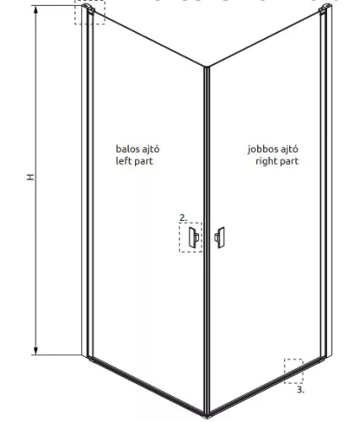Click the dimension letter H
pos(30,177)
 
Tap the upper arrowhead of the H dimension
pos(35,10)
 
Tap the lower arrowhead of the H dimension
pos(35,351)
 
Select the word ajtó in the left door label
pos(150,149)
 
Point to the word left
pos(123,161)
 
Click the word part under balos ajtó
pos(143,161)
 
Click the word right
pos(266,161)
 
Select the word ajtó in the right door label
pos(289,149)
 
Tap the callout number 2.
pos(183,218)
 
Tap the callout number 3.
pos(301,390)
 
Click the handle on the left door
pos(194,238)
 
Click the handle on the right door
pos(219,238)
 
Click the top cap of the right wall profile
pos(325,8)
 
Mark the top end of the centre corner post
pos(207,67)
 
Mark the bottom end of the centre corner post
pos(207,415)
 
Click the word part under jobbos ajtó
pos(288,162)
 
